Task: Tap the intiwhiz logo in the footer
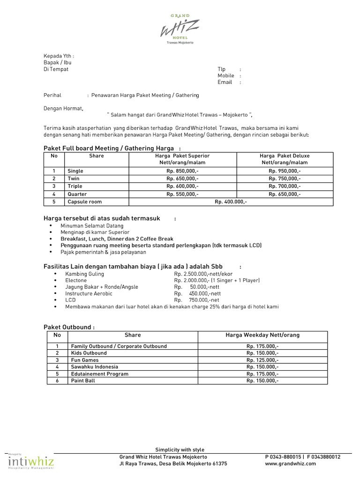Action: tap(31, 463)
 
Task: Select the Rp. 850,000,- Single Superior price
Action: tap(182, 171)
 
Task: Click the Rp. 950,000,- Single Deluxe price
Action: tap(285, 171)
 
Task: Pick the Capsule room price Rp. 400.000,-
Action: tap(231, 202)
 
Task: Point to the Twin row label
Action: tap(74, 179)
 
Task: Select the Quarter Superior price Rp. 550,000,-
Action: tap(182, 194)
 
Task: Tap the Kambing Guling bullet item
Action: tap(85, 274)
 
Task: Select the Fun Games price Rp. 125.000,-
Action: tap(262, 360)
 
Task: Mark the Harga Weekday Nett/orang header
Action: tap(262, 335)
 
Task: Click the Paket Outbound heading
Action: tap(69, 327)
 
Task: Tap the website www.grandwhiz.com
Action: tap(290, 464)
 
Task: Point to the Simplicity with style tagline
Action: tap(180, 450)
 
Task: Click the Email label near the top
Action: tap(225, 82)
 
